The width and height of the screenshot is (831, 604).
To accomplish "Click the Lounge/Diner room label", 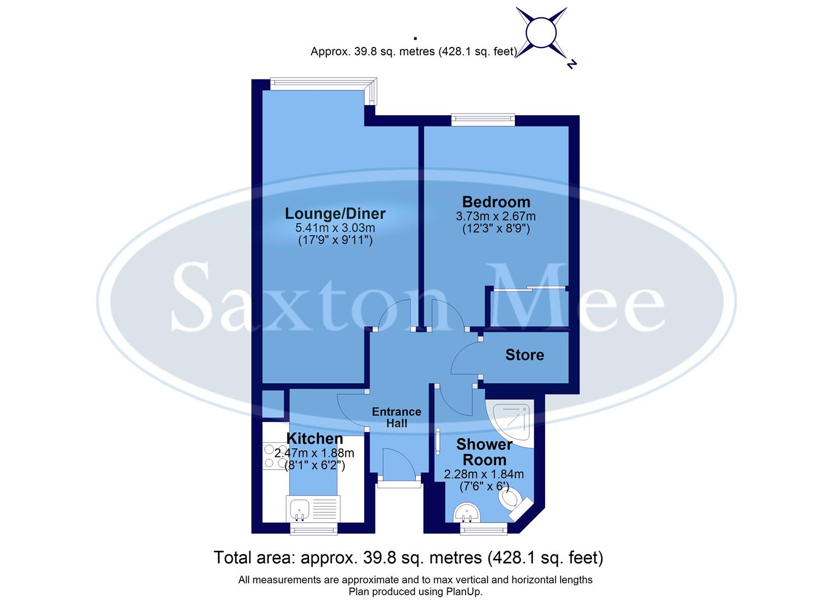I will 335,214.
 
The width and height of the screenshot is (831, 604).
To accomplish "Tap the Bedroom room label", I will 496,202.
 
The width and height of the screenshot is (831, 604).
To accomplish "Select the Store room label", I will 524,355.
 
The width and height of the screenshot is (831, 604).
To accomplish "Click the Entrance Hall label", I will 396,417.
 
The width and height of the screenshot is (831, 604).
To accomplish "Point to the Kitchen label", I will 314,439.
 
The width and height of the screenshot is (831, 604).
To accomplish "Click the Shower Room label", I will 484,452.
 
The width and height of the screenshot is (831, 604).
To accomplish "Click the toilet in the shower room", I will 513,499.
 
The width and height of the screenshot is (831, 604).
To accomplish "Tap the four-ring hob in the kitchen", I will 275,456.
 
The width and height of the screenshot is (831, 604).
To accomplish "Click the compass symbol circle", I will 541,33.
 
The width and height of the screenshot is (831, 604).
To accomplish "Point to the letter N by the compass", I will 571,64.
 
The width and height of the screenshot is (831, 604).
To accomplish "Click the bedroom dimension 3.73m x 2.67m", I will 496,216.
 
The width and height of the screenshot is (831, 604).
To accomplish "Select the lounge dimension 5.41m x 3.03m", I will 335,228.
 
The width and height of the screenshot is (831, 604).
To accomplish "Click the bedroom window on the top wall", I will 483,118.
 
